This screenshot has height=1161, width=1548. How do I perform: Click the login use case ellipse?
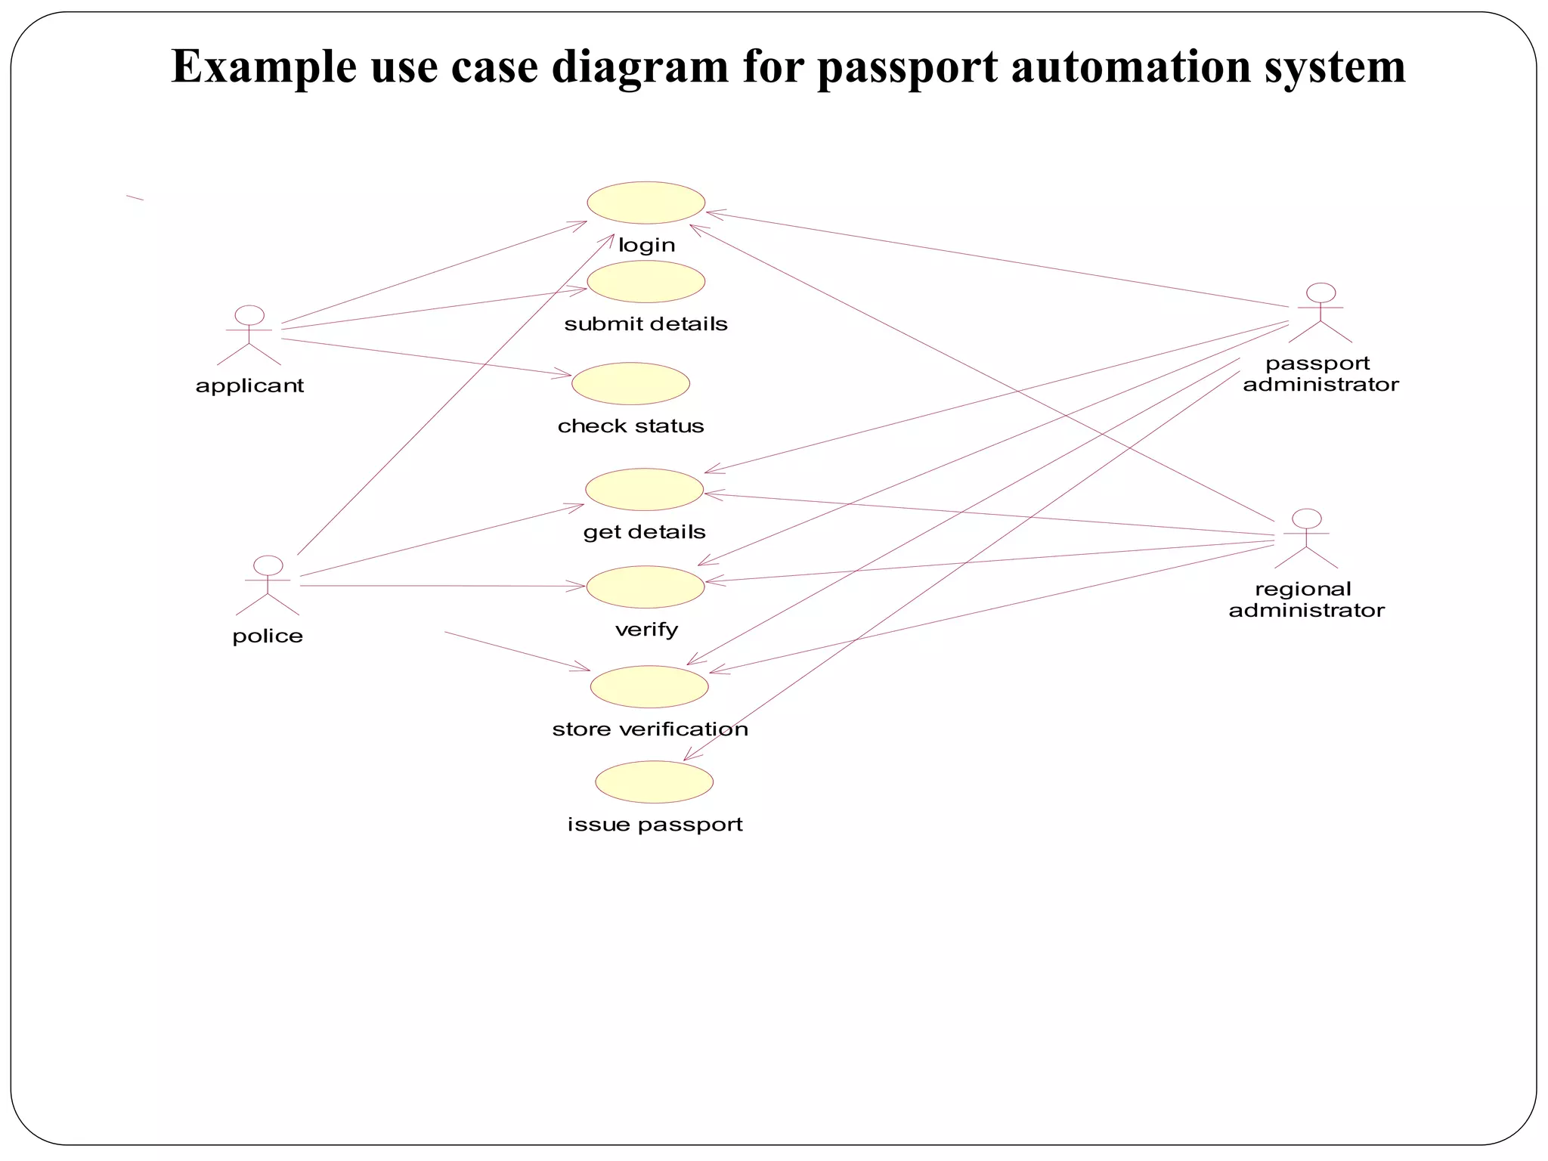coord(646,203)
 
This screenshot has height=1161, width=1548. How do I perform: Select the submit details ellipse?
coord(646,282)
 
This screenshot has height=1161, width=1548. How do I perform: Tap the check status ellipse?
coord(631,384)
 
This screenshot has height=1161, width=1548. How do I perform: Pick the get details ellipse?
coord(645,490)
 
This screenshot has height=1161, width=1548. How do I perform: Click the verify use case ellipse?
coord(646,587)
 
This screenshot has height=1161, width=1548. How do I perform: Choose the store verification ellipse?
coord(649,687)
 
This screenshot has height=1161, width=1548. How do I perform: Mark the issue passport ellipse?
coord(655,782)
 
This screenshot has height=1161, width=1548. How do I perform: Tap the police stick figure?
coord(268,586)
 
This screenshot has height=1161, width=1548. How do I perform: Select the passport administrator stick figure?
coord(1320,313)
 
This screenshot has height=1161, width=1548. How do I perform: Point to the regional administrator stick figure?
coord(1306,539)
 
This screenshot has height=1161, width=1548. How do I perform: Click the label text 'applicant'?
coord(249,386)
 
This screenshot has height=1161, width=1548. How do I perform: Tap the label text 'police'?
coord(268,636)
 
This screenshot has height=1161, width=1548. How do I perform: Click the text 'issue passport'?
coord(655,825)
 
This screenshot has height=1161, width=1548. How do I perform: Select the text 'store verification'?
coord(650,729)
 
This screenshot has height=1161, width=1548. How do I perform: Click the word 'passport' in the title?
coord(908,68)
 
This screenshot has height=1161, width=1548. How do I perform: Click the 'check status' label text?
coord(630,426)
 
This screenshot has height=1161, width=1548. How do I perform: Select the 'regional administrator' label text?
coord(1306,600)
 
